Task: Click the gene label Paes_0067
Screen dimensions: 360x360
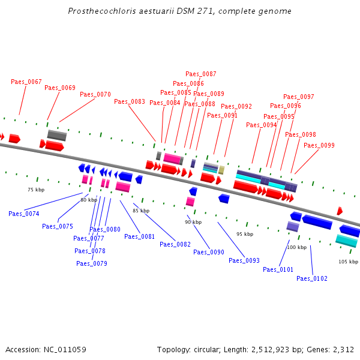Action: pos(26,82)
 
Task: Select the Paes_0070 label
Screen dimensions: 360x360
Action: pos(95,94)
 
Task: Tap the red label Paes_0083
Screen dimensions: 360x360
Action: pos(130,101)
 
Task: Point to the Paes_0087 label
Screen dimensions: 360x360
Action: pos(201,74)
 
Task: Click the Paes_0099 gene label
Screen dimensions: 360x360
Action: pos(319,145)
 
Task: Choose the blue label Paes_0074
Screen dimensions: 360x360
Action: pos(24,214)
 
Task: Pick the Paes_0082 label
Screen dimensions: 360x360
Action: pos(175,244)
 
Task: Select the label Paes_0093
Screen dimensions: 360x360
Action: pos(244,260)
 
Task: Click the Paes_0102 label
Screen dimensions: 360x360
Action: pos(312,278)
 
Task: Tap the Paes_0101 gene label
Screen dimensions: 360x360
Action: pos(278,269)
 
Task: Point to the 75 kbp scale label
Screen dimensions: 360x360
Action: pos(36,190)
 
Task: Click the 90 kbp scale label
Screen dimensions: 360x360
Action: pos(193,222)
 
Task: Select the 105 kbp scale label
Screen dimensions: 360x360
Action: pos(348,262)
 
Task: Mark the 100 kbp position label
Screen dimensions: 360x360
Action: pos(296,247)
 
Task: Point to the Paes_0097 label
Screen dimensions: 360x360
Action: pos(299,97)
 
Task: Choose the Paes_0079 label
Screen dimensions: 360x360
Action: pos(92,263)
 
